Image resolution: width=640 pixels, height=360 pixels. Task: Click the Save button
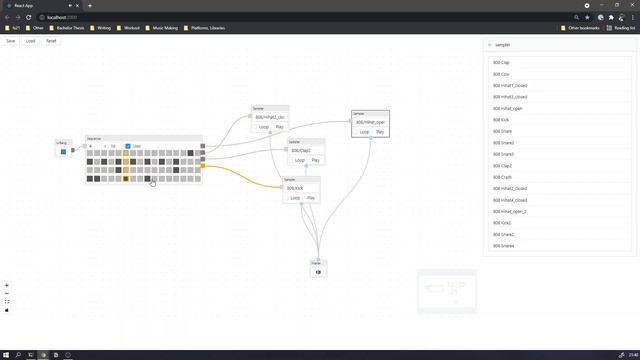coord(11,41)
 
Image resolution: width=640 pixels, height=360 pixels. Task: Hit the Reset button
coord(51,41)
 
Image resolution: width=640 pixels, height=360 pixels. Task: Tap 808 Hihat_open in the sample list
coord(508,108)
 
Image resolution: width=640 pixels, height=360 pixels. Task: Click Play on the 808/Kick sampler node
coord(311,198)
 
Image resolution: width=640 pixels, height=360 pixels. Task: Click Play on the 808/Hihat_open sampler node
coord(380,132)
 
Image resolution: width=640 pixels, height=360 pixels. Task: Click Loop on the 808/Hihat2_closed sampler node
coord(264,127)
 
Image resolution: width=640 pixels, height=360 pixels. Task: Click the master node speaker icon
coord(319,272)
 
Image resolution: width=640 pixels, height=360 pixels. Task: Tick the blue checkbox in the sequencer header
coord(128,146)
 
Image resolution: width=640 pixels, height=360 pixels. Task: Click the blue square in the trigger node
coord(63,152)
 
